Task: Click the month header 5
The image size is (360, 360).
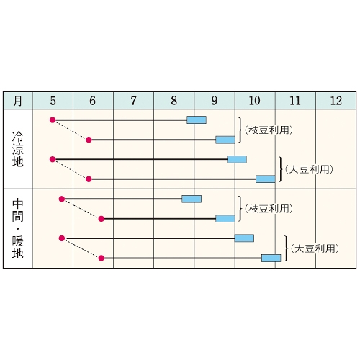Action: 53,101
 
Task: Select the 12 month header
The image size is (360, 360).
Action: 336,101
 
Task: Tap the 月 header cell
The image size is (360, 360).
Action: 18,101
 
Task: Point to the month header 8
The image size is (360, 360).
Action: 174,101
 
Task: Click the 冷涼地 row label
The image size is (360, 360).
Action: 18,149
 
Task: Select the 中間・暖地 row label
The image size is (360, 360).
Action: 18,228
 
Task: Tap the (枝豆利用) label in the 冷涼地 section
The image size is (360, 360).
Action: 269,130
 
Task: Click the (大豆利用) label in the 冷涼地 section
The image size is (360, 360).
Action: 309,169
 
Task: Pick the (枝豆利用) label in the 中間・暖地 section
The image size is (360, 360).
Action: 269,209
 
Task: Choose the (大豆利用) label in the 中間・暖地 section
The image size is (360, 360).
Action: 315,248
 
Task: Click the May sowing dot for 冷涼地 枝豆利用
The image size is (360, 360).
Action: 53,120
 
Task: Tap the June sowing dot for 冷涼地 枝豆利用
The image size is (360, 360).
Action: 89,140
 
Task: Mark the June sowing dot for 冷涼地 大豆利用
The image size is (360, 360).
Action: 89,179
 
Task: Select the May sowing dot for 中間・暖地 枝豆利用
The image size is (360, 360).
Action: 62,199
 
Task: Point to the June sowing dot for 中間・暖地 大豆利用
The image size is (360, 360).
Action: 102,258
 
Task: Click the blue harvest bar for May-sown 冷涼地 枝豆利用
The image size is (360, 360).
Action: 197,120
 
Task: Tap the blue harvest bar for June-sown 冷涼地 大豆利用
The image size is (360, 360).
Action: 266,179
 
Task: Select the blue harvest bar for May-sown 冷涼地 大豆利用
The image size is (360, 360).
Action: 237,159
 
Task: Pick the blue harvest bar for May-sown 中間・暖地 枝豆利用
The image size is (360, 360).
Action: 192,199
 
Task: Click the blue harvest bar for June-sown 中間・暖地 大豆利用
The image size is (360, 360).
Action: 271,258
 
